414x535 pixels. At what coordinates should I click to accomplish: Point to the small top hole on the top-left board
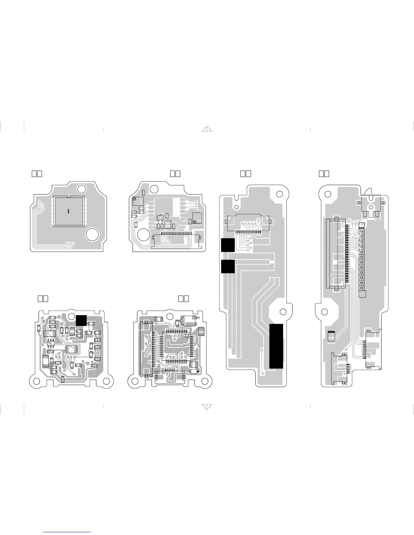coord(82,189)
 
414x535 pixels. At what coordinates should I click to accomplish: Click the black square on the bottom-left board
coord(81,320)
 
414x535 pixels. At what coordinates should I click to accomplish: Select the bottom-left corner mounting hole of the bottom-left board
coord(36,381)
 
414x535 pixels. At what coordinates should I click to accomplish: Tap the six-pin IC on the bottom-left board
coord(51,343)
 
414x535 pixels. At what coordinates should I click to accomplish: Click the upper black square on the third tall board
coord(228,245)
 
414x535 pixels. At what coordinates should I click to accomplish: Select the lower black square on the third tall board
coord(228,266)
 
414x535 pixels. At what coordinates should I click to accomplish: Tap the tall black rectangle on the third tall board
coord(276,346)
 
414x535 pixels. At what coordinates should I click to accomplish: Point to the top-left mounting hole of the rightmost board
coord(327,194)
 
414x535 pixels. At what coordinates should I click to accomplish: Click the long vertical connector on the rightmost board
coord(336,253)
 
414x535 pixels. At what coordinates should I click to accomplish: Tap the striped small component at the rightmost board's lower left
coord(331,336)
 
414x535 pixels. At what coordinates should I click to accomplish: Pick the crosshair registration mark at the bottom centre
coord(207,406)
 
